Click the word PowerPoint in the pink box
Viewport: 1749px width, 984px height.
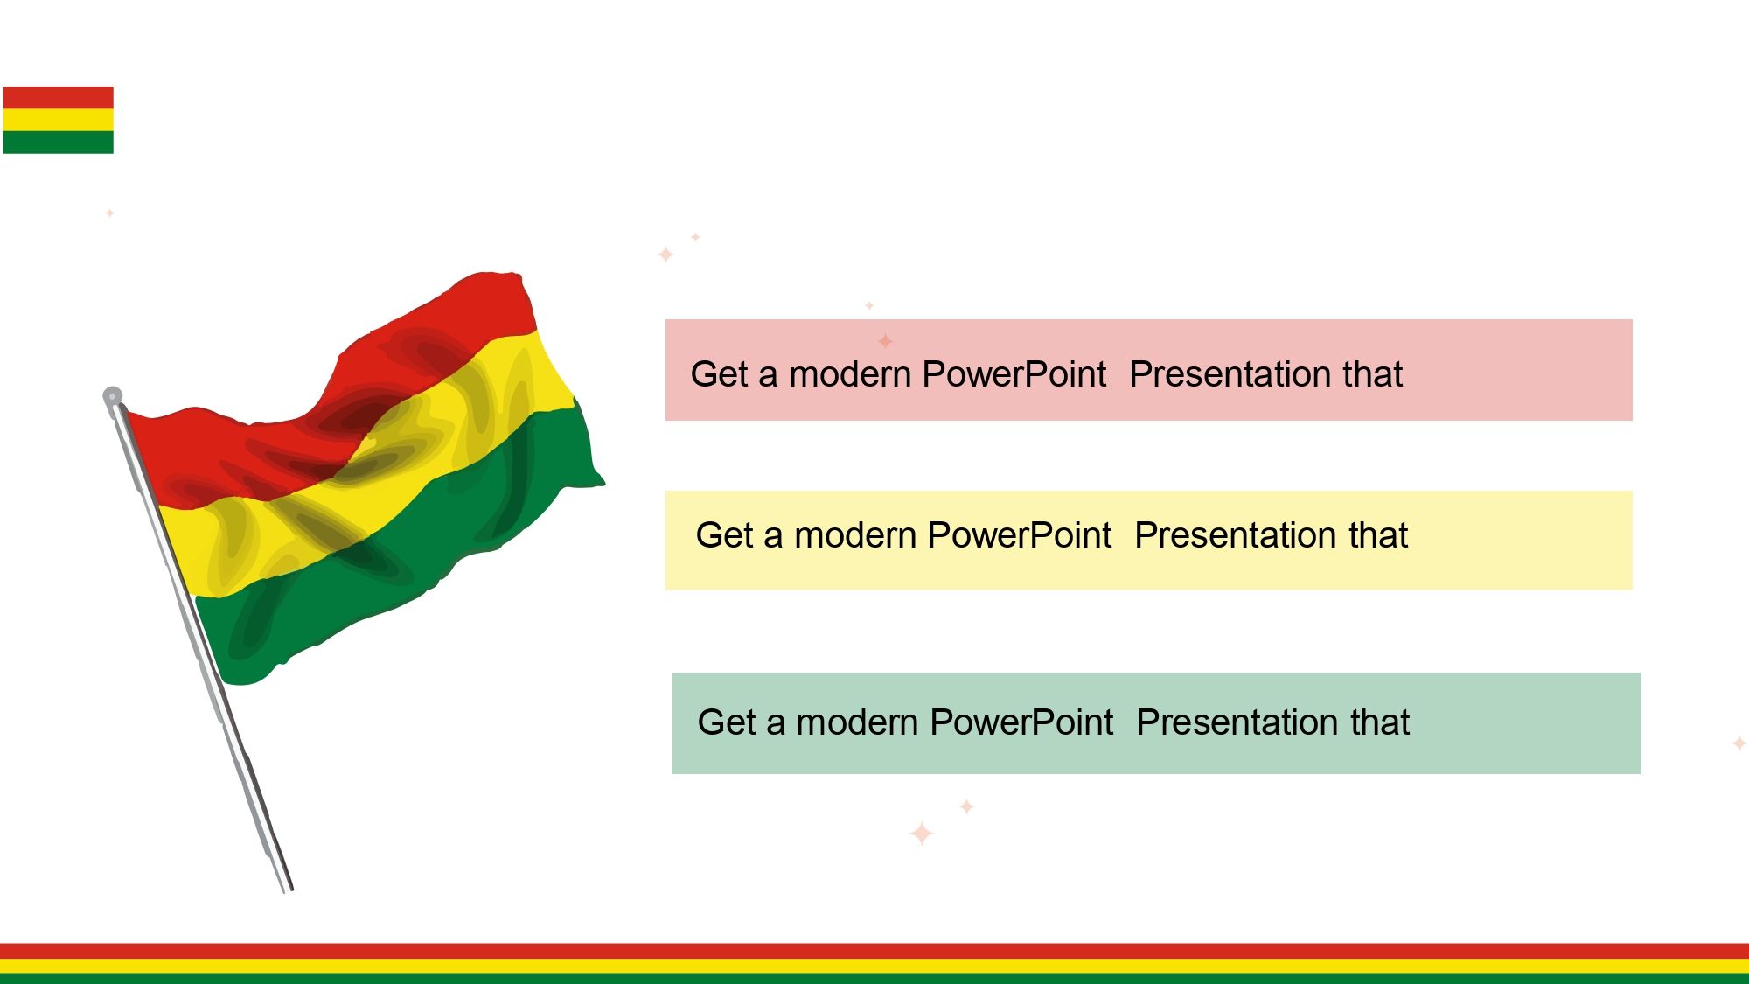[1014, 374]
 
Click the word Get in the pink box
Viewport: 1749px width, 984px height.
[721, 374]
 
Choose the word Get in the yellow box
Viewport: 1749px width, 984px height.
[726, 535]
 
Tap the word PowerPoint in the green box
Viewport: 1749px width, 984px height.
[1021, 722]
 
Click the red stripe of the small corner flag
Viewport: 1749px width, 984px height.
[59, 97]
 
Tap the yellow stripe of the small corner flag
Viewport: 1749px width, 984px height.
[59, 120]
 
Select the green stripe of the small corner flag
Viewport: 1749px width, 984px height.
[59, 143]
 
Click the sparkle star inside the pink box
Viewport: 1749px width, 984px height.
[886, 341]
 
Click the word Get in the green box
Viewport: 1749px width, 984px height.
[728, 722]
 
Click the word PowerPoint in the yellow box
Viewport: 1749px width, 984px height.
[1020, 535]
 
